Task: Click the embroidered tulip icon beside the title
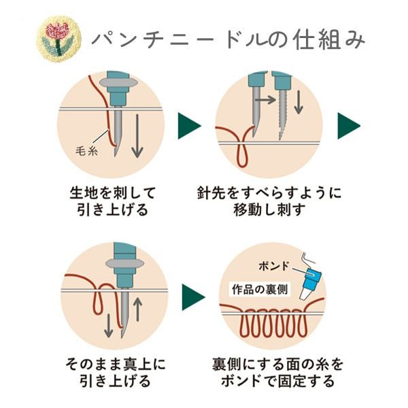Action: pos(58,37)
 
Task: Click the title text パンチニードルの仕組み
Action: pos(227,38)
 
